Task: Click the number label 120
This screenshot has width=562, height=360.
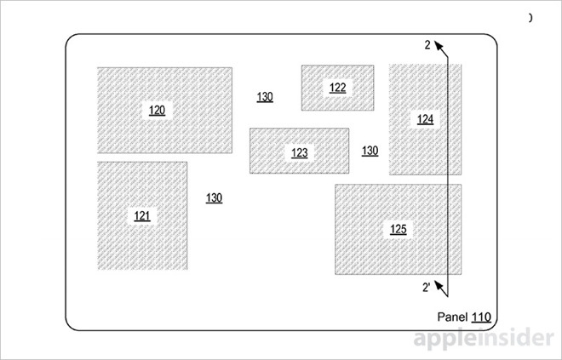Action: [x=158, y=110]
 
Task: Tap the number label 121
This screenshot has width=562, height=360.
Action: [x=142, y=215]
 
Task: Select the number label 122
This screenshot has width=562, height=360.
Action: [x=337, y=88]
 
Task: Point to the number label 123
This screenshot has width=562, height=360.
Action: [x=299, y=153]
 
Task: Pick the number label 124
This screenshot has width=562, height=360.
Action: [x=425, y=119]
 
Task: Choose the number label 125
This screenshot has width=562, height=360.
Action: [x=398, y=230]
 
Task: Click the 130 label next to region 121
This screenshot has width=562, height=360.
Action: [x=214, y=198]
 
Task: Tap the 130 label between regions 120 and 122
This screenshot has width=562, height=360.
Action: [x=265, y=97]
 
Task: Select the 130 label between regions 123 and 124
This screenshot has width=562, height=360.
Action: [x=370, y=151]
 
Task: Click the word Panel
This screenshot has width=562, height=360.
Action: [x=453, y=317]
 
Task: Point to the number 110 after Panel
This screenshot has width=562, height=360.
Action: [x=482, y=317]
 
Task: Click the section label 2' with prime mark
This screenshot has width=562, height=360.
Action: [x=426, y=287]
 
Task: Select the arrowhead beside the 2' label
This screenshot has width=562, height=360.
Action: [x=439, y=284]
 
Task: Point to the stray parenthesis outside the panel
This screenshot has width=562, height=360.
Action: [x=531, y=17]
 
